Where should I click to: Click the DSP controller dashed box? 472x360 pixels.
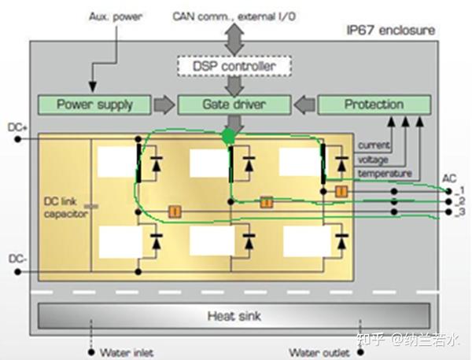pyautogui.click(x=234, y=66)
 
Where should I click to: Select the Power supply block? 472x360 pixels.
pyautogui.click(x=94, y=105)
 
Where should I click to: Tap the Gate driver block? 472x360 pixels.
pyautogui.click(x=234, y=105)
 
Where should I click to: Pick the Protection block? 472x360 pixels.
pyautogui.click(x=374, y=105)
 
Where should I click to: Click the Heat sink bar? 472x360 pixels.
pyautogui.click(x=234, y=316)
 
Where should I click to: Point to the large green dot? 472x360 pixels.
pyautogui.click(x=228, y=137)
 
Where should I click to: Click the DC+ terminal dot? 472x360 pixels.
pyautogui.click(x=18, y=139)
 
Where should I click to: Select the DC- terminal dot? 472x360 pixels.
pyautogui.click(x=18, y=272)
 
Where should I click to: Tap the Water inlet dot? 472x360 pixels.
pyautogui.click(x=91, y=352)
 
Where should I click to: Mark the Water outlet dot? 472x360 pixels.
pyautogui.click(x=360, y=352)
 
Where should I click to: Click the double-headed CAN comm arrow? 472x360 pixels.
pyautogui.click(x=234, y=39)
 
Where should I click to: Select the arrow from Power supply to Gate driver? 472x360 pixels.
pyautogui.click(x=164, y=105)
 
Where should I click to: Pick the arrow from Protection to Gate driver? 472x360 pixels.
pyautogui.click(x=304, y=105)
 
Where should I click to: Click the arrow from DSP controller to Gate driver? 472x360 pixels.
pyautogui.click(x=234, y=86)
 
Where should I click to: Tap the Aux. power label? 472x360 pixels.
pyautogui.click(x=116, y=17)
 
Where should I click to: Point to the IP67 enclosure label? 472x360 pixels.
pyautogui.click(x=391, y=31)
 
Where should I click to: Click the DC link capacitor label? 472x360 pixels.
pyautogui.click(x=66, y=208)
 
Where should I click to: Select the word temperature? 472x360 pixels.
pyautogui.click(x=385, y=174)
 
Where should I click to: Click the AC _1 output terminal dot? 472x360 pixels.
pyautogui.click(x=449, y=191)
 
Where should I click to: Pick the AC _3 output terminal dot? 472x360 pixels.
pyautogui.click(x=449, y=211)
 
